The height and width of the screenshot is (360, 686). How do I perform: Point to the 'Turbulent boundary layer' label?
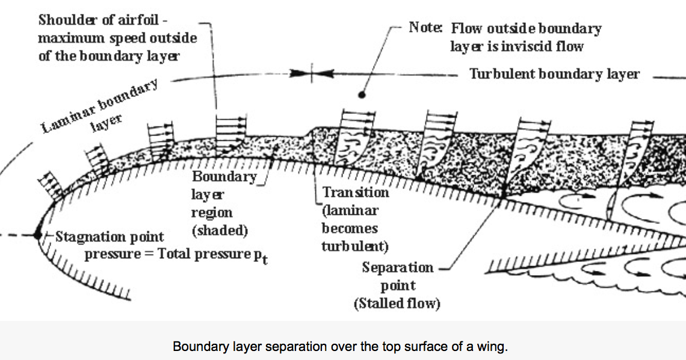point(554,74)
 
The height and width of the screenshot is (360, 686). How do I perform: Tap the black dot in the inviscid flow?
point(362,95)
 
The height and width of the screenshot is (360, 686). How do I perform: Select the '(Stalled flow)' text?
point(397,303)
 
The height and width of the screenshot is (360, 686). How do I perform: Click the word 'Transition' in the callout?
point(356,192)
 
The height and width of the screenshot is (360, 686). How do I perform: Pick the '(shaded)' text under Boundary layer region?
point(220,230)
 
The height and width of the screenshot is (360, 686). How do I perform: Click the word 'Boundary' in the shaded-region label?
point(224,176)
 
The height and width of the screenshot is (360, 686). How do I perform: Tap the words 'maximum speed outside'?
point(117,38)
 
